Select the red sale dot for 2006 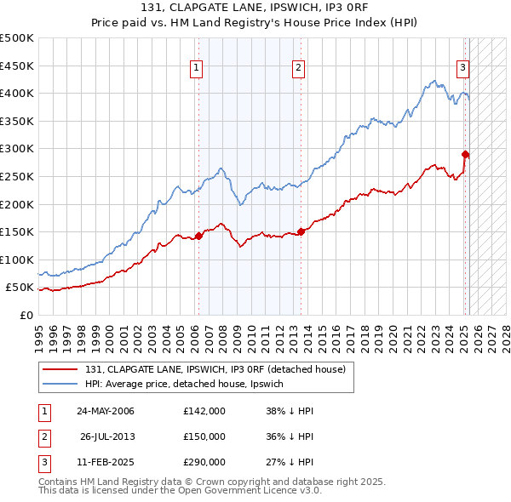198,236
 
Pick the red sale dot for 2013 301,231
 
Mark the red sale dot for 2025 466,154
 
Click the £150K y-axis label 19,231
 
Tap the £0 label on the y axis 26,315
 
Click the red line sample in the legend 60,370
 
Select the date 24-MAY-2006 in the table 106,412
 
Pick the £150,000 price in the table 204,436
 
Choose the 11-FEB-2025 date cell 106,462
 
